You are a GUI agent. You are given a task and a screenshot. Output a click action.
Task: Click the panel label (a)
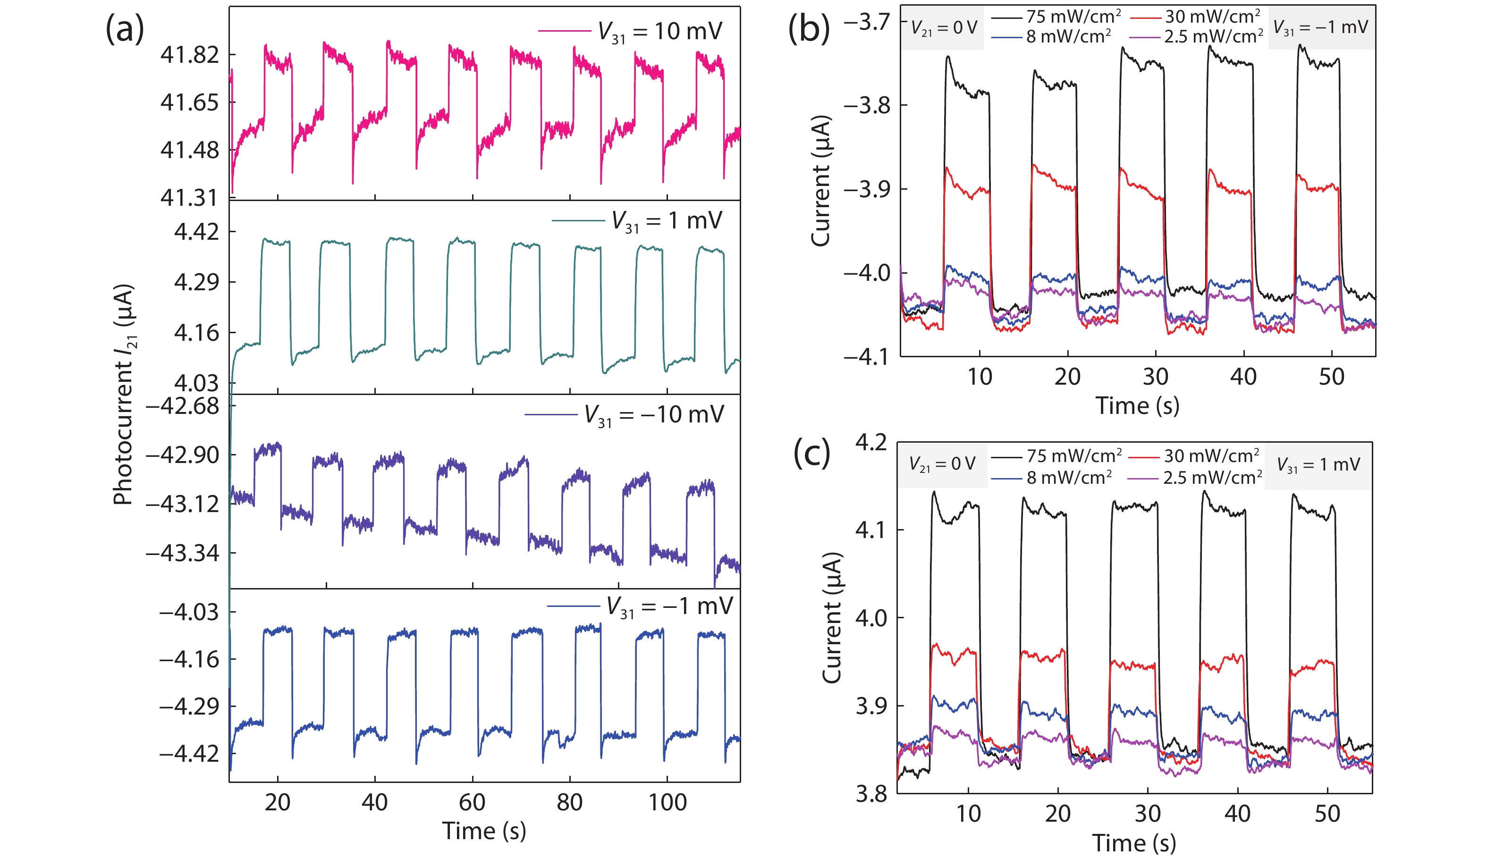pyautogui.click(x=124, y=29)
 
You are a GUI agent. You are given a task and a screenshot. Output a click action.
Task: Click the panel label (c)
pyautogui.click(x=811, y=453)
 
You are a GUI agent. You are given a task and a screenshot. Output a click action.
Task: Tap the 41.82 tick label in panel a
pyautogui.click(x=189, y=55)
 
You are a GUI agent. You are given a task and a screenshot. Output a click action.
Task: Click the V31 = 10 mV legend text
pyautogui.click(x=659, y=31)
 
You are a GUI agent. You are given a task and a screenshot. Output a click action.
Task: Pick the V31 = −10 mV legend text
pyautogui.click(x=654, y=415)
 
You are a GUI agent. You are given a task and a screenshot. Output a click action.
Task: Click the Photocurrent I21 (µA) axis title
pyautogui.click(x=124, y=395)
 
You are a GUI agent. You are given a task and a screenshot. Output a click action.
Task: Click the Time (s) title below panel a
pyautogui.click(x=484, y=831)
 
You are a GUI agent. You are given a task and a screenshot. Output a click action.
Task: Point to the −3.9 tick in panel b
pyautogui.click(x=866, y=189)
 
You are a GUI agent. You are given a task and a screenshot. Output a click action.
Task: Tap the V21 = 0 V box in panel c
pyautogui.click(x=942, y=464)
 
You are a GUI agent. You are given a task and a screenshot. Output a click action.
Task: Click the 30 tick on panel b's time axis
pyautogui.click(x=1155, y=377)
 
